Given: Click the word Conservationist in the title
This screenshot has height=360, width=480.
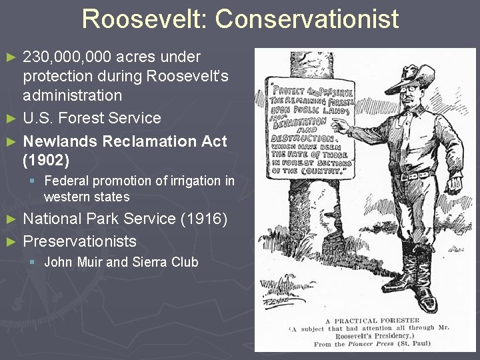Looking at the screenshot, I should click(307, 19).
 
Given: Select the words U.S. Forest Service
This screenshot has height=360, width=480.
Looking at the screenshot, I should click(92, 119).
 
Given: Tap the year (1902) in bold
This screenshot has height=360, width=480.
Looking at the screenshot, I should click(46, 161).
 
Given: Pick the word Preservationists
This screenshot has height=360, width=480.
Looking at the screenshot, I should click(79, 241).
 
